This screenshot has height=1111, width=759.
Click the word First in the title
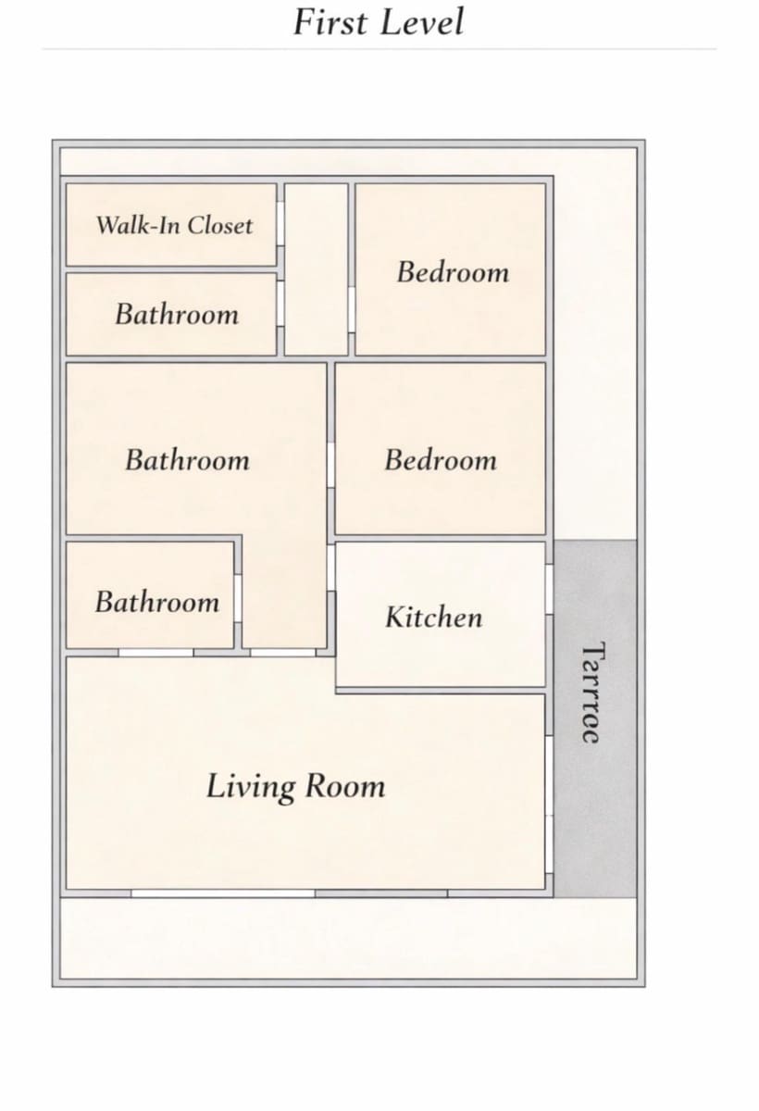coord(330,22)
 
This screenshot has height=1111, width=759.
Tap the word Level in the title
coord(423,22)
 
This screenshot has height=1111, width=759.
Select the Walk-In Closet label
coord(175,226)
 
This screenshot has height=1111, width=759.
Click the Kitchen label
coord(434,617)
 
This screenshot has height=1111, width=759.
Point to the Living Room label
coord(295,787)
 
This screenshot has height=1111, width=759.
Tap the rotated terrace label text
coord(592,693)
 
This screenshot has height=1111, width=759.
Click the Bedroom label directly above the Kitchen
coord(441,460)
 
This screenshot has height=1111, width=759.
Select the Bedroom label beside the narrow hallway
coord(454,272)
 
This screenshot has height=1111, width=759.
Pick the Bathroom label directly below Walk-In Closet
coord(177,315)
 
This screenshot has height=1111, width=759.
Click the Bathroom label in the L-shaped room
coord(187,460)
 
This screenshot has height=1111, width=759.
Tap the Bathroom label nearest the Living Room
coord(157,602)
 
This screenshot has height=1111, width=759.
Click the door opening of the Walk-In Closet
coord(280,223)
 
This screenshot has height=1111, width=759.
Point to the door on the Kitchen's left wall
coord(331,568)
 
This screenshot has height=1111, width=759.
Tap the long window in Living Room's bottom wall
coord(223,893)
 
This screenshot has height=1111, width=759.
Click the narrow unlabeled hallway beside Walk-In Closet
coord(317,269)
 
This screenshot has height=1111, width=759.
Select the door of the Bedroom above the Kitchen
coord(331,465)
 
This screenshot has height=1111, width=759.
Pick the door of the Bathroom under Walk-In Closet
coord(280,304)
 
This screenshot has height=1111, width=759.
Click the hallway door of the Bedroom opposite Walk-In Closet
coord(352,310)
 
